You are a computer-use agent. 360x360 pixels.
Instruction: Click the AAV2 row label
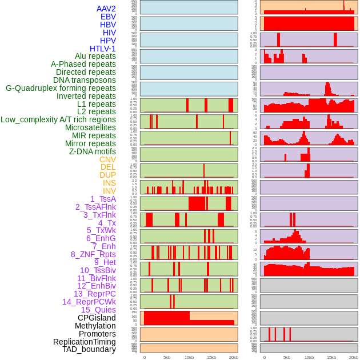[x=106, y=9]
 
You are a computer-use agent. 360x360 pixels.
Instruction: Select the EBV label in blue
[x=108, y=17]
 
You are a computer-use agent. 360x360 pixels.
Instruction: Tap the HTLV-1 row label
[x=103, y=49]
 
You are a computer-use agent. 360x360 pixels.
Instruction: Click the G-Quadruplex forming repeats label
[x=61, y=88]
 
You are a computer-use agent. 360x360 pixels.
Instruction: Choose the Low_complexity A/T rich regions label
[x=58, y=119]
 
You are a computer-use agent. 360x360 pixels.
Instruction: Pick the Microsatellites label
[x=90, y=127]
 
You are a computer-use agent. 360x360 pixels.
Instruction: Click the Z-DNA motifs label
[x=93, y=151]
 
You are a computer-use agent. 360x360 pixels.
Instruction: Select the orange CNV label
[x=107, y=159]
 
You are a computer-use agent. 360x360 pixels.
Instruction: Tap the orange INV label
[x=109, y=191]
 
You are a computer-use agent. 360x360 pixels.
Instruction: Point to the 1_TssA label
[x=103, y=199]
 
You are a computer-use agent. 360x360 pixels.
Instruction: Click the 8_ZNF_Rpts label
[x=93, y=254]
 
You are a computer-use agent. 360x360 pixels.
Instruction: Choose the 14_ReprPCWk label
[x=89, y=302]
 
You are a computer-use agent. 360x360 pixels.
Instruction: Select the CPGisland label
[x=97, y=318]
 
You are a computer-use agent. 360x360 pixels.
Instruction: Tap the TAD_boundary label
[x=89, y=349]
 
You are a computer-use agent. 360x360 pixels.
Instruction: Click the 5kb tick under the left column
[x=167, y=357]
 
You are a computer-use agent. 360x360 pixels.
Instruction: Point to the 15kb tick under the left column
[x=211, y=357]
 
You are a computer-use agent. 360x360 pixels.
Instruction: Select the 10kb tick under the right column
[x=309, y=357]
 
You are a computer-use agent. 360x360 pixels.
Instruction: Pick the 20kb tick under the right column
[x=354, y=357]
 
